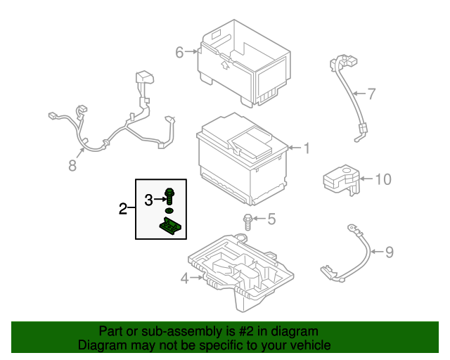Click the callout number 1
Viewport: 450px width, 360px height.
tap(306, 148)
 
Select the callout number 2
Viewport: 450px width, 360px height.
tap(123, 209)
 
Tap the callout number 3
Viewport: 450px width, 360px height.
tap(148, 200)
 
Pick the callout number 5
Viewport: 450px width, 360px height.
tap(271, 219)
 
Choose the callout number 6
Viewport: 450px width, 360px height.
tap(179, 52)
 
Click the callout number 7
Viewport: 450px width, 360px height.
tap(372, 93)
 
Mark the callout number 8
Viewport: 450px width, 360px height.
tap(72, 166)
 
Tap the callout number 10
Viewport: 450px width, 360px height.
tap(382, 179)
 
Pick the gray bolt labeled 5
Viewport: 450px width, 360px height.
tap(247, 221)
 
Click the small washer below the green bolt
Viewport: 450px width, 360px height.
tap(169, 210)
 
